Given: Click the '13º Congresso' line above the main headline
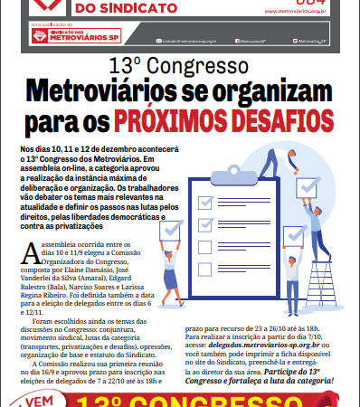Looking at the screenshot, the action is [179, 69].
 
